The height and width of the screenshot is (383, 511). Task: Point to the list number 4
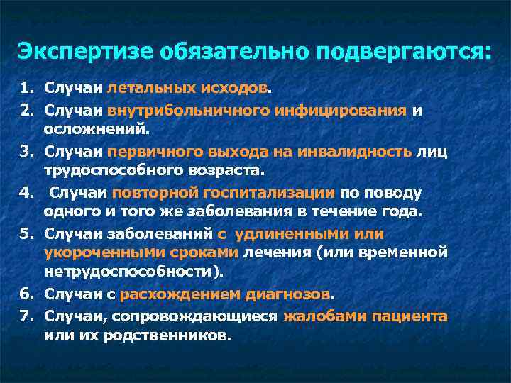tap(26, 193)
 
